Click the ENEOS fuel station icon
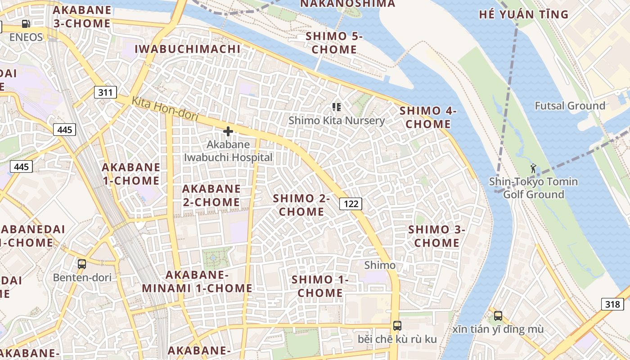(26, 24)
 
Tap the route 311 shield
(105, 93)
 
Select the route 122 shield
(351, 204)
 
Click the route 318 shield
(612, 304)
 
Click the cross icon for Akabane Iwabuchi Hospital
(228, 131)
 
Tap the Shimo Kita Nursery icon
(336, 107)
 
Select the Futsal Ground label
(570, 106)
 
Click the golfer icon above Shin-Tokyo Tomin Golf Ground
(533, 169)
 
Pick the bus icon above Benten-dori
(81, 264)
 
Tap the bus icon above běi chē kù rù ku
(397, 326)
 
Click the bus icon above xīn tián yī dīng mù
(498, 316)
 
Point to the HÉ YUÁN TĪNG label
(524, 14)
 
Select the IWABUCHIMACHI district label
(188, 49)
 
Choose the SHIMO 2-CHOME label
(301, 205)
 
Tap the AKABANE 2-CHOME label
(211, 195)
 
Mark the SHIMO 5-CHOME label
(334, 43)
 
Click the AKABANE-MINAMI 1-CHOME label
(197, 281)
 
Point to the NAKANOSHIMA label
(347, 4)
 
